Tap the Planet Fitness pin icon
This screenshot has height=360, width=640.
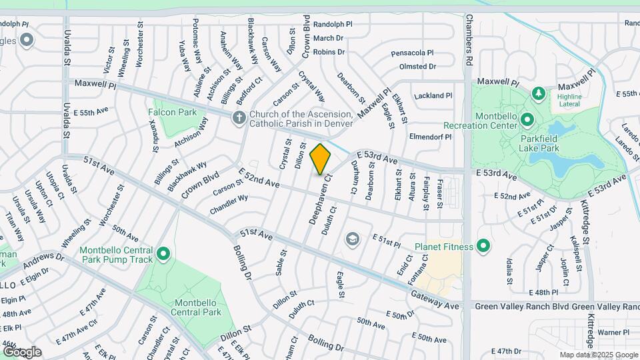tap(484, 247)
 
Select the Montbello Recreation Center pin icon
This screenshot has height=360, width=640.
tap(527, 121)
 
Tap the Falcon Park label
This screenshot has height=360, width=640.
tap(173, 112)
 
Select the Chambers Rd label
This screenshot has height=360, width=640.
tap(469, 39)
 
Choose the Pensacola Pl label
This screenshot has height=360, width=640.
tap(412, 53)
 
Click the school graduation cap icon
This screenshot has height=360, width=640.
tap(352, 239)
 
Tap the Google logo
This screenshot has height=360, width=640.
tap(22, 351)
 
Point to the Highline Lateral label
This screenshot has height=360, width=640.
tap(569, 101)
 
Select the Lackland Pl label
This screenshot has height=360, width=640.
tap(433, 96)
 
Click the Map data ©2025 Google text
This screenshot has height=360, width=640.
tap(598, 355)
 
